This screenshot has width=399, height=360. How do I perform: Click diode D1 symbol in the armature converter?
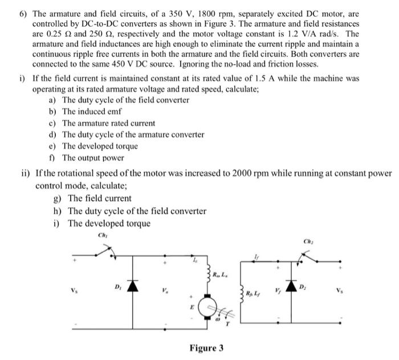133,285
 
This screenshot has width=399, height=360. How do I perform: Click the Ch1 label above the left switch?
103,235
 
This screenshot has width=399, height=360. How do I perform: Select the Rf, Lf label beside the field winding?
255,293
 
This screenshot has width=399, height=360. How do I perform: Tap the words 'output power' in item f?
102,157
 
